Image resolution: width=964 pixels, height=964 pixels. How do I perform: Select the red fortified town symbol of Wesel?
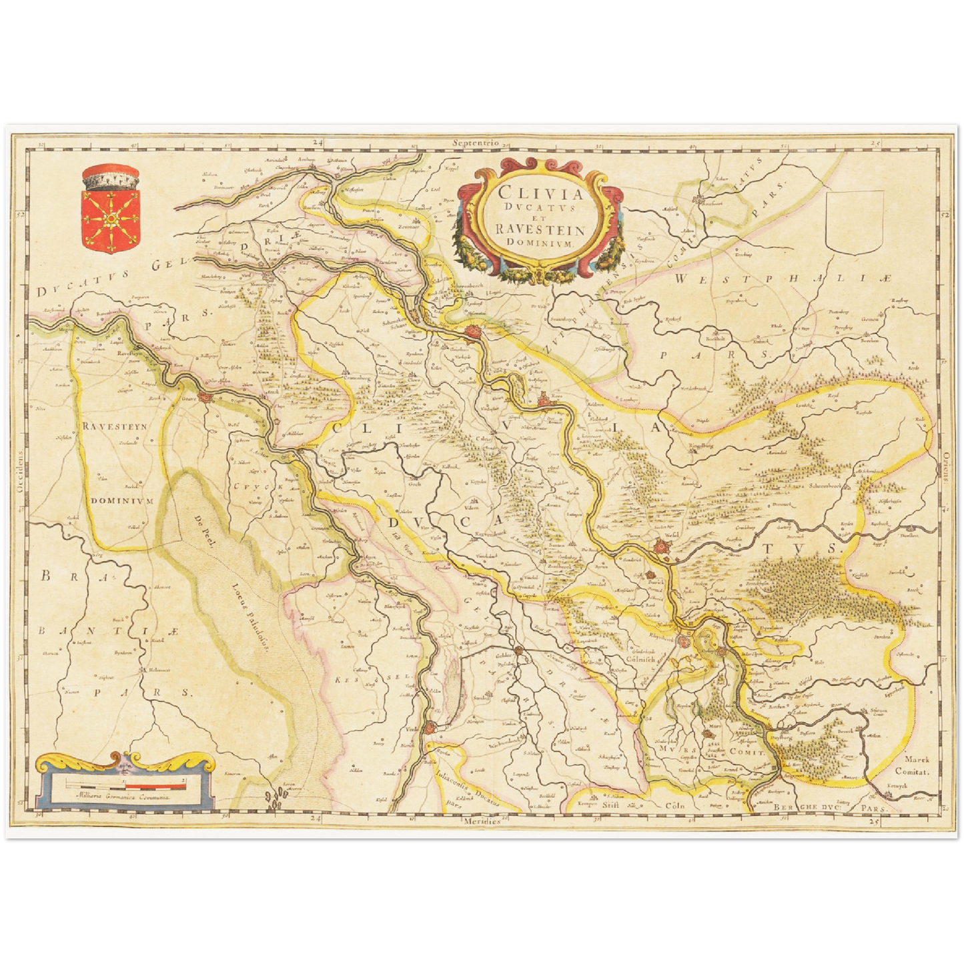pyautogui.click(x=660, y=547)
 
